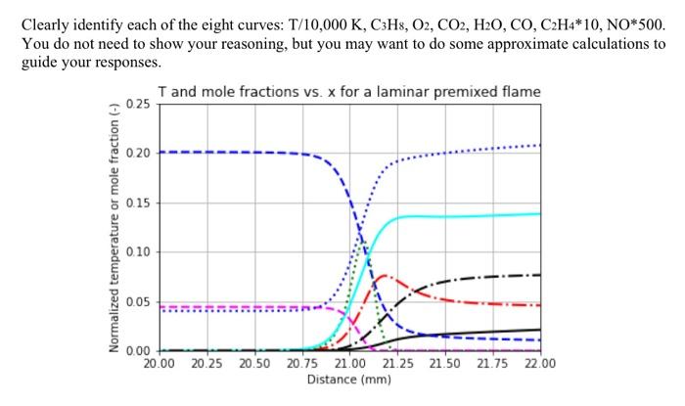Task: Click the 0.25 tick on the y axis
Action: (138, 104)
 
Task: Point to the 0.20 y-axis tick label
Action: (138, 153)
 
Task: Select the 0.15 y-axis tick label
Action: (138, 203)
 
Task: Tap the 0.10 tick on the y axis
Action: (138, 251)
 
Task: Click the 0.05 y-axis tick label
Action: (138, 301)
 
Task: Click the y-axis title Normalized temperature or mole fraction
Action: (114, 226)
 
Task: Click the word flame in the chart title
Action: (518, 92)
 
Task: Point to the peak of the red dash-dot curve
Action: (383, 276)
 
